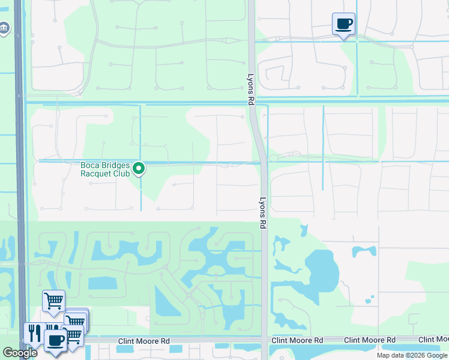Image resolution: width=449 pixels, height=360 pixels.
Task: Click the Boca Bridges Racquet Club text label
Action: click(x=106, y=169)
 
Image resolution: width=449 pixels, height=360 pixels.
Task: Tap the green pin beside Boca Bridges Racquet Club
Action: click(x=139, y=169)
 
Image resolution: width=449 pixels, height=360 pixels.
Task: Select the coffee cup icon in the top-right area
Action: click(x=343, y=25)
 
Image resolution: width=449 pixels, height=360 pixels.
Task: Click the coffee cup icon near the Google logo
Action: click(x=56, y=341)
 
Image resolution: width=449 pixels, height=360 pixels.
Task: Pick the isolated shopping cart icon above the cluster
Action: click(x=53, y=301)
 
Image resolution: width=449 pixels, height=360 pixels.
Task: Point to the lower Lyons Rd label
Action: click(x=262, y=213)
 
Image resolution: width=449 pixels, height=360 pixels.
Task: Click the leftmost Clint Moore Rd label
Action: click(x=145, y=341)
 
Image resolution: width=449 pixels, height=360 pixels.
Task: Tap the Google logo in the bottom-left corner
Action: click(x=20, y=352)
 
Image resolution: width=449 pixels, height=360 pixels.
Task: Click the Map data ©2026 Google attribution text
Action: click(x=412, y=355)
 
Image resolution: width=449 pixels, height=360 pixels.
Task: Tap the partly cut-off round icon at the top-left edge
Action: click(x=4, y=28)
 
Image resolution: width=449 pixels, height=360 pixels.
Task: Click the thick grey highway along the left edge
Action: click(x=20, y=180)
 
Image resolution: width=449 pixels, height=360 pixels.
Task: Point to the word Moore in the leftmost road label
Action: click(x=148, y=341)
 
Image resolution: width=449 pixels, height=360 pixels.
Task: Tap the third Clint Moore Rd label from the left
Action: click(x=370, y=340)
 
